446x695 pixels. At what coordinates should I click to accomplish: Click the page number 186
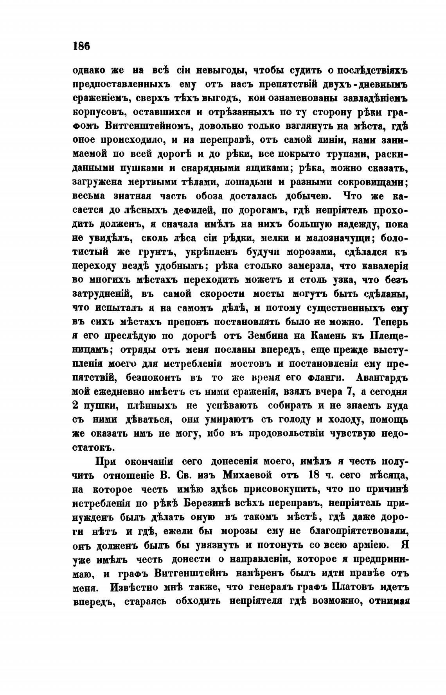tap(81, 45)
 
